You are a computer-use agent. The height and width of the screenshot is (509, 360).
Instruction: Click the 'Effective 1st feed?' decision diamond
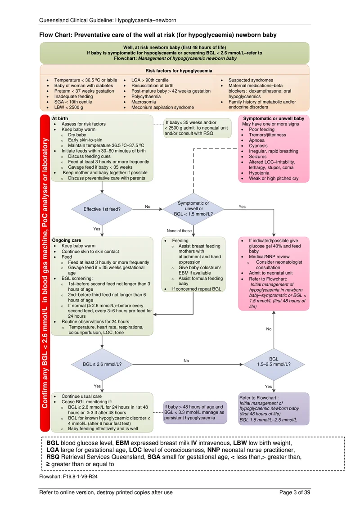[x=102, y=209]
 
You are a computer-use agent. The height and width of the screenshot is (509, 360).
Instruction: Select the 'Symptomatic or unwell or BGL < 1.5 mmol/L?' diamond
[x=193, y=209]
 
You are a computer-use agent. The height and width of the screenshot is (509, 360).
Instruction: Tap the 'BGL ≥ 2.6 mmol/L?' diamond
[x=102, y=364]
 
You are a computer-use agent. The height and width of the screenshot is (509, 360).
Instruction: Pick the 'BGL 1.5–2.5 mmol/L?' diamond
[x=274, y=364]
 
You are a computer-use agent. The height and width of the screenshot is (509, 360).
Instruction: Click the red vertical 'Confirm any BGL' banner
[x=45, y=273]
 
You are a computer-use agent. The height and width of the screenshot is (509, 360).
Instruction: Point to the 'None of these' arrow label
[x=179, y=231]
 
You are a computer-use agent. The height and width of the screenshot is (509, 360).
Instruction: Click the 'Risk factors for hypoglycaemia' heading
[x=179, y=71]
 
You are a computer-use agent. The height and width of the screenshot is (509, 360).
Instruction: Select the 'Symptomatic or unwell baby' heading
[x=274, y=118]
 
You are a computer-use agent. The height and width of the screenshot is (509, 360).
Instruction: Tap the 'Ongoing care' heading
[x=67, y=240]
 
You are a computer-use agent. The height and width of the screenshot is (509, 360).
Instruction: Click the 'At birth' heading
[x=60, y=118]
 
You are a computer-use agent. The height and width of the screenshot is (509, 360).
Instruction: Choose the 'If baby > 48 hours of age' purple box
[x=195, y=412]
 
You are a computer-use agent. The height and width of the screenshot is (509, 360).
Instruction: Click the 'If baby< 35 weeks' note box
[x=198, y=128]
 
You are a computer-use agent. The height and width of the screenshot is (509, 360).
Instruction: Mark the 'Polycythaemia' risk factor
[x=146, y=96]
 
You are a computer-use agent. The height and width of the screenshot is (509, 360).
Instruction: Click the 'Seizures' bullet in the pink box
[x=258, y=157]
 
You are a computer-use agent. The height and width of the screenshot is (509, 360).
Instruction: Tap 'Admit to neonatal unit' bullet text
[x=271, y=273]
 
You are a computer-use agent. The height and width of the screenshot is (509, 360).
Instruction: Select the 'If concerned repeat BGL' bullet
[x=197, y=289]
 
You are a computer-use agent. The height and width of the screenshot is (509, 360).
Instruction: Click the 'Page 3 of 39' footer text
[x=295, y=492]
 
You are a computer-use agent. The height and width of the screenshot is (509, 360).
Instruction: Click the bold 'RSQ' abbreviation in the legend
[x=53, y=457]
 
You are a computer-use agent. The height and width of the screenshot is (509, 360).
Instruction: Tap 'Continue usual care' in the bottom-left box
[x=81, y=396]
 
